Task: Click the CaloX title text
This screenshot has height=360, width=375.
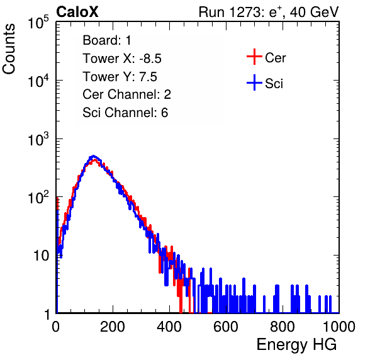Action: pyautogui.click(x=77, y=12)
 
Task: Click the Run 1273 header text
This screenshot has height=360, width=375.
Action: pyautogui.click(x=269, y=12)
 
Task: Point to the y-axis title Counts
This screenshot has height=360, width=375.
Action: pyautogui.click(x=9, y=49)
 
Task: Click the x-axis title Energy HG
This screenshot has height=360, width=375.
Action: pyautogui.click(x=296, y=345)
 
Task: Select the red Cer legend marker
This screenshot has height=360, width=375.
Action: pyautogui.click(x=254, y=57)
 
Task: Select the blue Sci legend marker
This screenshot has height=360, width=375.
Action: pyautogui.click(x=254, y=83)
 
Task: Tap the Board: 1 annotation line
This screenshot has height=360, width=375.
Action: pyautogui.click(x=107, y=40)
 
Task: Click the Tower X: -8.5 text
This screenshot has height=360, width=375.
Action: pyautogui.click(x=122, y=59)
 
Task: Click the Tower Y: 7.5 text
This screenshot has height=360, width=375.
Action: pyautogui.click(x=120, y=77)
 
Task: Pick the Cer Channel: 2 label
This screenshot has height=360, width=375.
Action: pyautogui.click(x=126, y=94)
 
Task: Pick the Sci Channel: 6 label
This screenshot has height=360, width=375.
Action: pyautogui.click(x=125, y=113)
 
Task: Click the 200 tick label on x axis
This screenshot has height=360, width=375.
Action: pyautogui.click(x=113, y=327)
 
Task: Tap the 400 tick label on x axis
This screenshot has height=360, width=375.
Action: pyautogui.click(x=169, y=327)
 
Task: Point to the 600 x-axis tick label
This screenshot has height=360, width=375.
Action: pyautogui.click(x=226, y=327)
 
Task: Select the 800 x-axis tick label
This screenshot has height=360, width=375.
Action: pyautogui.click(x=283, y=327)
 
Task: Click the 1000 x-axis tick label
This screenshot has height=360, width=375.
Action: pyautogui.click(x=339, y=327)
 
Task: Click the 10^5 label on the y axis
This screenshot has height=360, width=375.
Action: pyautogui.click(x=38, y=22)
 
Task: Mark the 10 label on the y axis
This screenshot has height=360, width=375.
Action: pyautogui.click(x=41, y=256)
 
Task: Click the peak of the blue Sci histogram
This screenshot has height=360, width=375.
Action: pyautogui.click(x=94, y=155)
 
